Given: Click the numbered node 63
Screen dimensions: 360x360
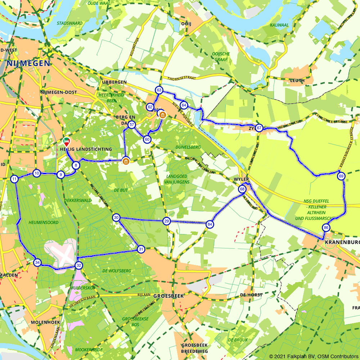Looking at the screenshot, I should click(x=159, y=90).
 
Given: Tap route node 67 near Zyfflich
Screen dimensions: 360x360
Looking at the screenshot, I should click(x=259, y=128).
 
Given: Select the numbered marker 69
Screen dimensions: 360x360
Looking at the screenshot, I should click(x=341, y=176).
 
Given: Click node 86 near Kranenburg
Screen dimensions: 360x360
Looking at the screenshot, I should click(x=326, y=228).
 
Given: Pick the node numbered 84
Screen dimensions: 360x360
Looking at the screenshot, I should click(x=210, y=225).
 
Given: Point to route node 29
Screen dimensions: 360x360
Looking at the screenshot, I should click(x=166, y=221).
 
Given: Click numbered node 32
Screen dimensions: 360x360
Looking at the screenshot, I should click(x=78, y=265).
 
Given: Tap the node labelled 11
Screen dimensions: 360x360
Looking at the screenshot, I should click(x=14, y=179).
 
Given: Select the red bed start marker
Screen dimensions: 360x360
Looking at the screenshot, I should click(x=66, y=141).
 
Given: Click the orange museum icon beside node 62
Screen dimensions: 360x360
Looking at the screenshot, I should click(x=163, y=115).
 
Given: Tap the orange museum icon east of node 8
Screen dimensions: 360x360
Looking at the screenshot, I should click(x=126, y=161).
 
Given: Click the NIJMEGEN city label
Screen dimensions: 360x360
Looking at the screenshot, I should click(x=28, y=63).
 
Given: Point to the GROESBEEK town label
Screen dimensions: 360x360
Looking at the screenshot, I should click(x=168, y=296).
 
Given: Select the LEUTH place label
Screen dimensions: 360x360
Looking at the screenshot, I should click(x=297, y=81).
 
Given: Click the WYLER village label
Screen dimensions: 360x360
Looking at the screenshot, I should click(x=241, y=179).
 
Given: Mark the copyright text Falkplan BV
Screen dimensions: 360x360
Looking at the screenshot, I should click(x=301, y=356).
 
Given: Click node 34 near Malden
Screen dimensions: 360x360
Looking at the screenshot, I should click(x=37, y=262).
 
